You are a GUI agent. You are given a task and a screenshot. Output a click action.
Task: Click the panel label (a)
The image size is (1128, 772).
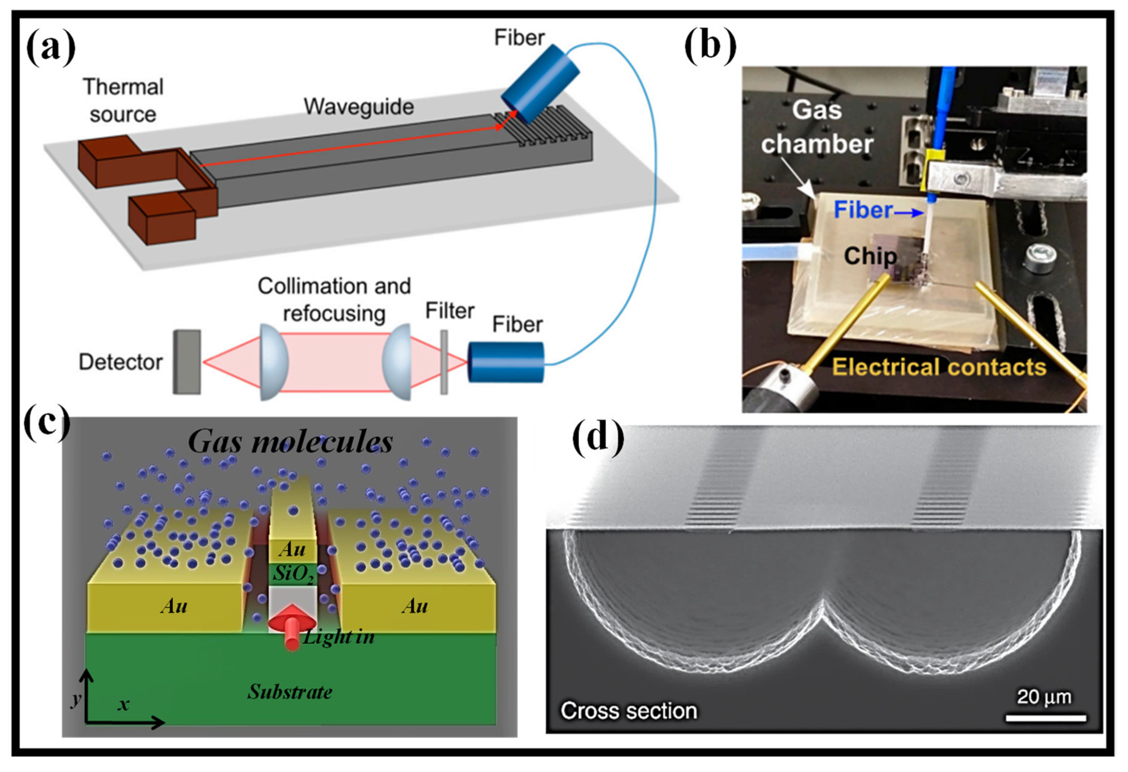tap(51, 50)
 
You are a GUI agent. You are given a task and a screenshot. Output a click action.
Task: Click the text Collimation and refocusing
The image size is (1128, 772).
tap(334, 299)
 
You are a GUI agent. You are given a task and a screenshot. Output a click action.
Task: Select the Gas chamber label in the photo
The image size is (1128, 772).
tap(817, 127)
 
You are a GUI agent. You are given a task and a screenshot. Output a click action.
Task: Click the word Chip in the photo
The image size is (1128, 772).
tap(870, 256)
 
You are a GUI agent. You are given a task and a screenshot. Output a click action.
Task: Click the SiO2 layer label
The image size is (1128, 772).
tap(292, 575)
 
